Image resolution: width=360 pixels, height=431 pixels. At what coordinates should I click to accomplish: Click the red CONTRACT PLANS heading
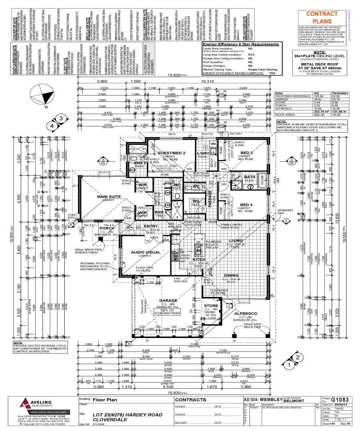(322, 18)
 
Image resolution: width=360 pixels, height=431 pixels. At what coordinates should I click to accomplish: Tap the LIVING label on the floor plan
(235, 241)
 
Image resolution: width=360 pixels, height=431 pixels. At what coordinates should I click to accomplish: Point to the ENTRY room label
(151, 226)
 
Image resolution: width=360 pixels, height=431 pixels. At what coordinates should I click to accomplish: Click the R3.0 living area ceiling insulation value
(251, 54)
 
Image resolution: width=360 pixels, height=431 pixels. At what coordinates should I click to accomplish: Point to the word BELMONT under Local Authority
(294, 401)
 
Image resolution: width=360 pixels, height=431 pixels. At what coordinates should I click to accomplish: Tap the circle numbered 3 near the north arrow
(61, 119)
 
